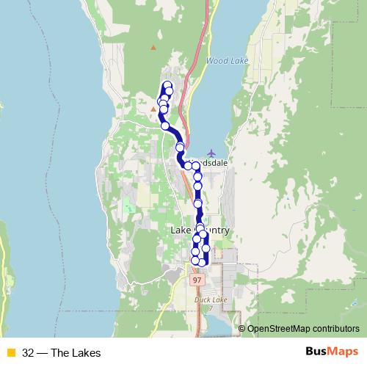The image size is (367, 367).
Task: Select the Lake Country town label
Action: click(200, 230)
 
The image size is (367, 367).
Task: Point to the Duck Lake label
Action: click(212, 299)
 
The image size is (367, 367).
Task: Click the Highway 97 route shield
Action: click(197, 280)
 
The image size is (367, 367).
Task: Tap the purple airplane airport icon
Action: click(212, 153)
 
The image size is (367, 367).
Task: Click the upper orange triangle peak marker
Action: click(153, 48)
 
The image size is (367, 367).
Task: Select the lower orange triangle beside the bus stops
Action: click(153, 109)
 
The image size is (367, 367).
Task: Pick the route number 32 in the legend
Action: click(28, 352)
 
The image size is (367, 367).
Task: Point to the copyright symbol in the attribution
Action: click(242, 328)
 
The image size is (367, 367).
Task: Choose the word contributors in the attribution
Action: click(336, 328)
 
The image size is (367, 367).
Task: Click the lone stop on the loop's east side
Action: click(206, 248)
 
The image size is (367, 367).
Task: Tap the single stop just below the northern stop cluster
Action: click(166, 126)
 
